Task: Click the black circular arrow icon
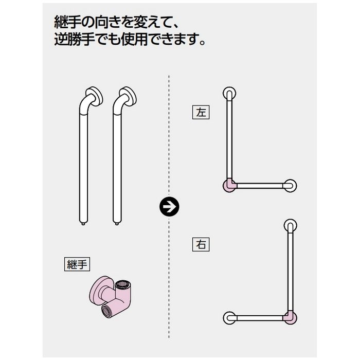click(169, 207)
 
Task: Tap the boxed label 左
click(201, 112)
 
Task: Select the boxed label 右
click(201, 244)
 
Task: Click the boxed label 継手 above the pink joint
click(77, 264)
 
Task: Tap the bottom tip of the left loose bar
click(83, 224)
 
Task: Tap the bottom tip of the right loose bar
click(117, 224)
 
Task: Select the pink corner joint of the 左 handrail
click(229, 185)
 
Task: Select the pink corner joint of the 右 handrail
click(290, 318)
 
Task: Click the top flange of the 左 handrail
click(229, 94)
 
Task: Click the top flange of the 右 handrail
click(291, 225)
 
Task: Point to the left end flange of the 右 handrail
click(229, 318)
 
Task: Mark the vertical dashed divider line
click(169, 206)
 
